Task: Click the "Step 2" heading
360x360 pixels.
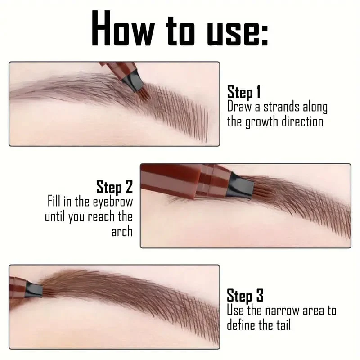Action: (x=114, y=186)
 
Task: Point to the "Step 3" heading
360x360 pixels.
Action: (x=245, y=296)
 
